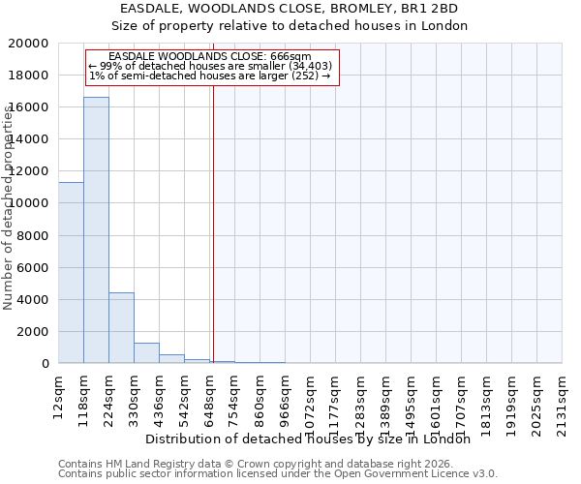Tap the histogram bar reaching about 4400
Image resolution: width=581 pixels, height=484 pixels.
[121, 328]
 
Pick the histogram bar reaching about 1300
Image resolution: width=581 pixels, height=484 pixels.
[146, 353]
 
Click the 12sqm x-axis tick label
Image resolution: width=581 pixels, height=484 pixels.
[58, 397]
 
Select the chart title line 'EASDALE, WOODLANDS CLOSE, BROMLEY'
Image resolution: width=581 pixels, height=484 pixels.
[289, 9]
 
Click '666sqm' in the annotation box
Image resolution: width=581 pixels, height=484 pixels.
[291, 56]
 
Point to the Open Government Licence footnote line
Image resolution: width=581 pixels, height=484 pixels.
[278, 473]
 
